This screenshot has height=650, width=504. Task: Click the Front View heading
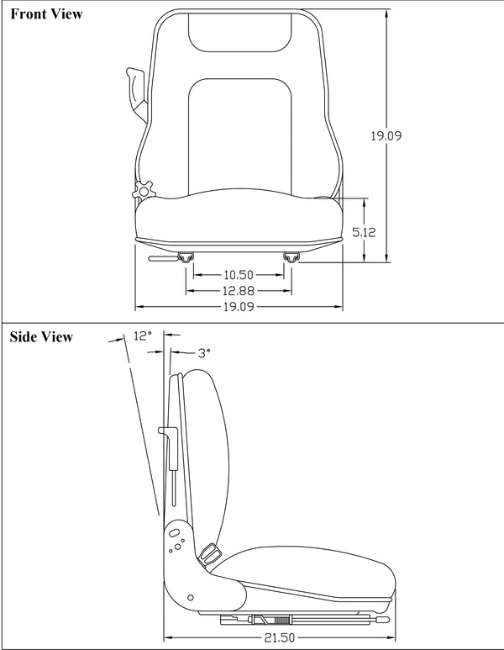(x=46, y=14)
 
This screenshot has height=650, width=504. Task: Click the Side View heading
(x=41, y=337)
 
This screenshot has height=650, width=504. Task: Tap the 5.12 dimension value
(x=363, y=232)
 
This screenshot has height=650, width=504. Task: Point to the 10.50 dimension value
(x=239, y=275)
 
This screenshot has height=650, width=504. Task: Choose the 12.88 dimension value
(x=239, y=290)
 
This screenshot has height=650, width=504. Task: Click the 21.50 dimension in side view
(x=282, y=637)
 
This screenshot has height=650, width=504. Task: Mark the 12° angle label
(x=143, y=336)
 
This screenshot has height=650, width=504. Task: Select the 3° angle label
(x=203, y=354)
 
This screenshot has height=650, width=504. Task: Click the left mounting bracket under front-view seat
(x=186, y=256)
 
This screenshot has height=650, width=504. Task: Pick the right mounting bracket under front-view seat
(x=291, y=256)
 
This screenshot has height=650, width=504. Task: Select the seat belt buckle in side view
(x=209, y=552)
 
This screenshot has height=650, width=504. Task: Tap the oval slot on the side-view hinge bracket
(x=174, y=532)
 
